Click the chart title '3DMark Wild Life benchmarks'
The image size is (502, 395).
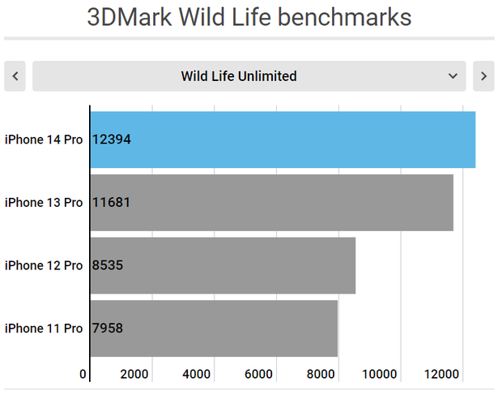pos(249,17)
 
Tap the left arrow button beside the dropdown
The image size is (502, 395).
pos(15,76)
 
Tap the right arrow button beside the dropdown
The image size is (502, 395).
pos(483,76)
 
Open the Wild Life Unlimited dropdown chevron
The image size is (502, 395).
pos(453,76)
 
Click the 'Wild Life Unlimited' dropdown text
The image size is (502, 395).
pos(239,76)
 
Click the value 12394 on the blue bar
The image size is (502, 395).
pos(112,140)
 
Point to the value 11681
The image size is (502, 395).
pos(111,202)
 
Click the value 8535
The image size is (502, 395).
pos(108,265)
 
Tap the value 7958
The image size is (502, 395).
pos(108,328)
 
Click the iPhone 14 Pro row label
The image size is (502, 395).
pos(44,140)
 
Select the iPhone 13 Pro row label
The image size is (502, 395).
pos(44,202)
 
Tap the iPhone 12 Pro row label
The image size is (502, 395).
pos(44,265)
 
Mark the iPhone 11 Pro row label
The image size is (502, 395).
pos(44,328)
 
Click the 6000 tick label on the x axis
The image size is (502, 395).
pos(258,374)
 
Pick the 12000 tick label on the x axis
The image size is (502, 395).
pos(443,374)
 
